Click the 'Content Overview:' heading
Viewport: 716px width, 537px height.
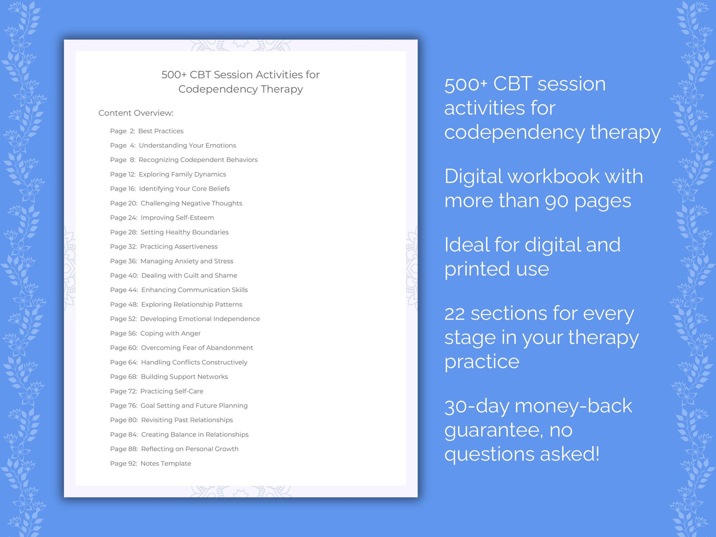[x=136, y=113]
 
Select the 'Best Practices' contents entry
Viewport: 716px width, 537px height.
[x=161, y=131]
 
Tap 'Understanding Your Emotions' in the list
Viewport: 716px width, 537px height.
[x=187, y=146]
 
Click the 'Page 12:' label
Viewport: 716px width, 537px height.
[x=122, y=174]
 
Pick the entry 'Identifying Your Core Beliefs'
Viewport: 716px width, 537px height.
[x=184, y=189]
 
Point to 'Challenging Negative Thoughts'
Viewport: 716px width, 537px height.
[x=191, y=203]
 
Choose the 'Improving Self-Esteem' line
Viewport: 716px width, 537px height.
[x=177, y=217]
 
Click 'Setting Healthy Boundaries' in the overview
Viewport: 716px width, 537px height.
[x=184, y=232]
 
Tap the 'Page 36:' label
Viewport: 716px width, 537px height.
[x=123, y=261]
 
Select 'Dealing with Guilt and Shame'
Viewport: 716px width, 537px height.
[x=189, y=275]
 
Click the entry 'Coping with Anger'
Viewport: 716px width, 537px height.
[x=170, y=333]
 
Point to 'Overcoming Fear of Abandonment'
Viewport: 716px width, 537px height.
[x=197, y=348]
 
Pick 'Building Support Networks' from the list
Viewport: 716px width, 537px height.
[x=184, y=377]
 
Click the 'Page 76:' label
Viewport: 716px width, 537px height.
[x=123, y=406]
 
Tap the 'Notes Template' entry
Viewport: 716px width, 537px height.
[x=165, y=464]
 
